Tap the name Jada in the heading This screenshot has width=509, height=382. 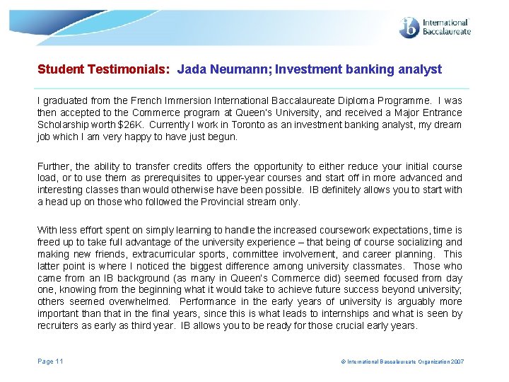pyautogui.click(x=191, y=69)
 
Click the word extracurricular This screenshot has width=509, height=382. pyautogui.click(x=168, y=254)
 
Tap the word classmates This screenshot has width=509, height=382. pyautogui.click(x=379, y=266)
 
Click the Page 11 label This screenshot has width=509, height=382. pyautogui.click(x=50, y=361)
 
